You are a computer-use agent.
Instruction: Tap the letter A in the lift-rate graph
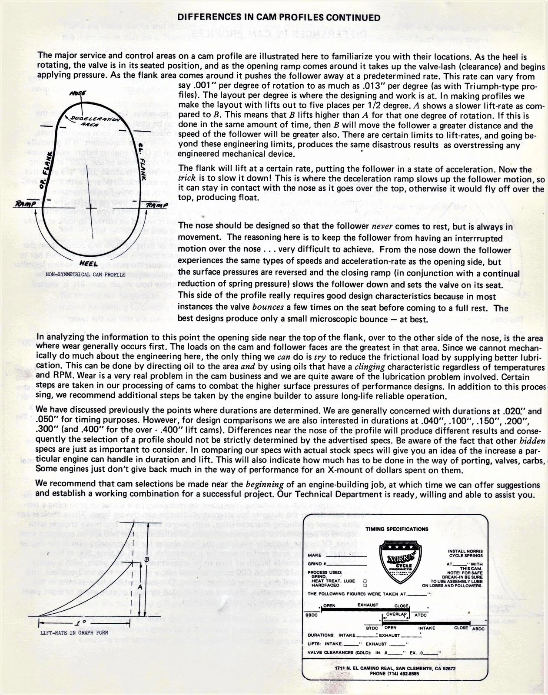coord(139,586)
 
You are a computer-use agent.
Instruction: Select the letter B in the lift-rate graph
coord(146,560)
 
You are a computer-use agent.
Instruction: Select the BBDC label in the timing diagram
coord(311,615)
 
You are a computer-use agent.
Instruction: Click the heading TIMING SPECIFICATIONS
coord(397,529)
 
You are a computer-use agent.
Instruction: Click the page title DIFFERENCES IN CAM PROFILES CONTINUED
coord(274,18)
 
